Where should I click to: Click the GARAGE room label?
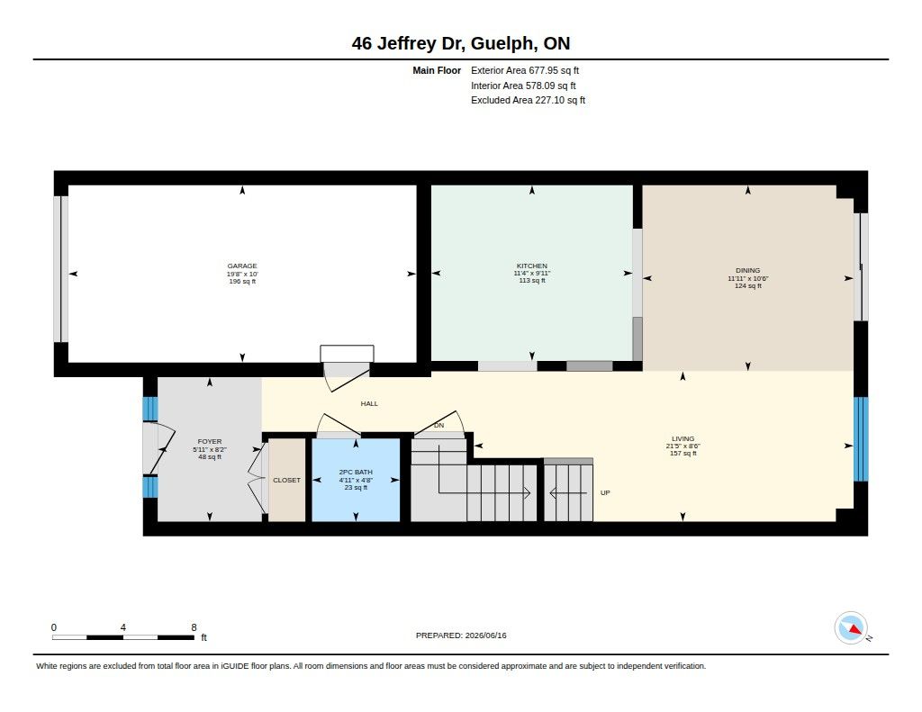[x=242, y=266]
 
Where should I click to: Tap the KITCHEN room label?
[x=531, y=266]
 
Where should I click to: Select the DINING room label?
[x=747, y=270]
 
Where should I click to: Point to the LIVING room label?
[x=682, y=438]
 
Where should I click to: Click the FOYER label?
[x=209, y=442]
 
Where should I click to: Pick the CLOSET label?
[x=286, y=481]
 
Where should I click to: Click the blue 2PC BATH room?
[x=356, y=480]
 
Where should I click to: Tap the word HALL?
[x=369, y=403]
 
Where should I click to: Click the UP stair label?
[x=605, y=492]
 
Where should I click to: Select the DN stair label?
[x=438, y=425]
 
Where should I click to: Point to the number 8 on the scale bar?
[x=194, y=627]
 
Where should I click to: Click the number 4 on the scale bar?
[x=122, y=627]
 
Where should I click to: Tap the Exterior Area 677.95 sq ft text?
[x=525, y=70]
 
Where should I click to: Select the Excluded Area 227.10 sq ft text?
[x=528, y=101]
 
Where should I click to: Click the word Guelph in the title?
[x=503, y=43]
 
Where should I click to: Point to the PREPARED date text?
[x=461, y=635]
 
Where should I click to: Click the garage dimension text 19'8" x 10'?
[x=242, y=274]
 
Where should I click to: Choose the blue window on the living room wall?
[x=860, y=438]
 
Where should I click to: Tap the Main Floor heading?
[x=437, y=70]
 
